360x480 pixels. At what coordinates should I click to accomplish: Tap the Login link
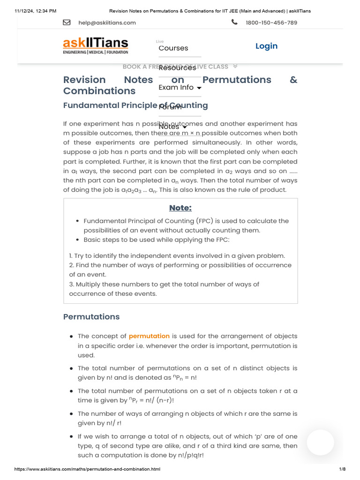(266, 46)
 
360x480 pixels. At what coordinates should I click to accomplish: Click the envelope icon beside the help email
(67, 22)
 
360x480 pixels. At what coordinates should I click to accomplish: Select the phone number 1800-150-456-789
(271, 22)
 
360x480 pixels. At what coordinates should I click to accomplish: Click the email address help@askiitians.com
(107, 22)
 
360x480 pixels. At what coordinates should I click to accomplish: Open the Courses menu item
(173, 48)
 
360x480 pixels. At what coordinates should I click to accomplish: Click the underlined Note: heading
(180, 208)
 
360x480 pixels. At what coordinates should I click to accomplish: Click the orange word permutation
(149, 336)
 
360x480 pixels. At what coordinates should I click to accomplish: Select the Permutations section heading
(91, 317)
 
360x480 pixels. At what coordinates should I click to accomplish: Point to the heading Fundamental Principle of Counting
(135, 105)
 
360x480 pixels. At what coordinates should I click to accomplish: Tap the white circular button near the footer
(320, 442)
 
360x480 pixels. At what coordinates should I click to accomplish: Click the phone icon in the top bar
(234, 22)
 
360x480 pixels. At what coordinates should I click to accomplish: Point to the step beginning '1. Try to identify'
(177, 256)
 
